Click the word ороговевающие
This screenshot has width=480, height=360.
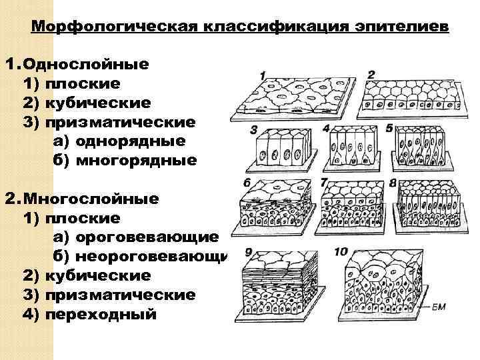[147, 237]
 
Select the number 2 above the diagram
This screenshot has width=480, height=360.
[371, 73]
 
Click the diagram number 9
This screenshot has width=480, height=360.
[249, 252]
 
